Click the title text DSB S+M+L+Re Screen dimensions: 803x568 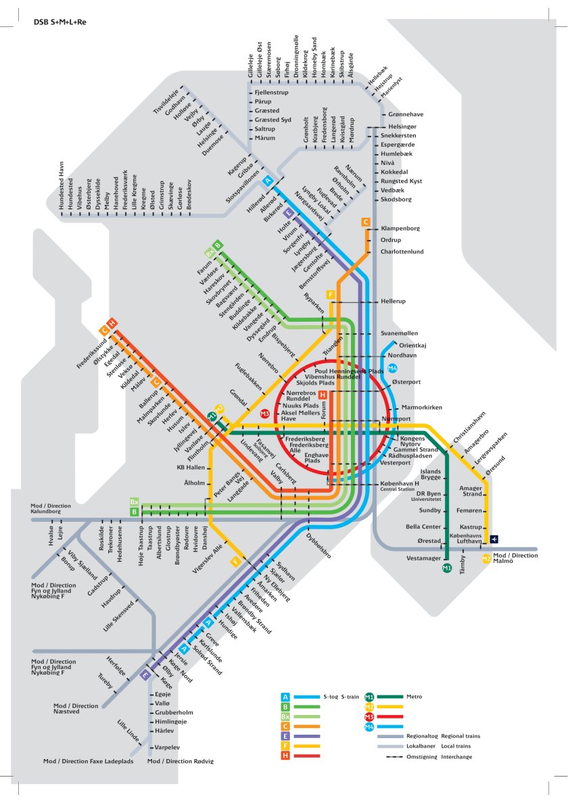point(60,22)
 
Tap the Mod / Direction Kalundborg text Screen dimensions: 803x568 point(51,508)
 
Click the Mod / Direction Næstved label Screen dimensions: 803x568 point(75,708)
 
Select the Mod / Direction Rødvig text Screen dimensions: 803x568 point(180,761)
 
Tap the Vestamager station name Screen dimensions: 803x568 point(423,559)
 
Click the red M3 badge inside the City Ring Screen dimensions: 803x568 point(265,413)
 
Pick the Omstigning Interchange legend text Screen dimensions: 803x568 point(439,756)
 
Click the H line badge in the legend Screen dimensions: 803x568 point(286,755)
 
